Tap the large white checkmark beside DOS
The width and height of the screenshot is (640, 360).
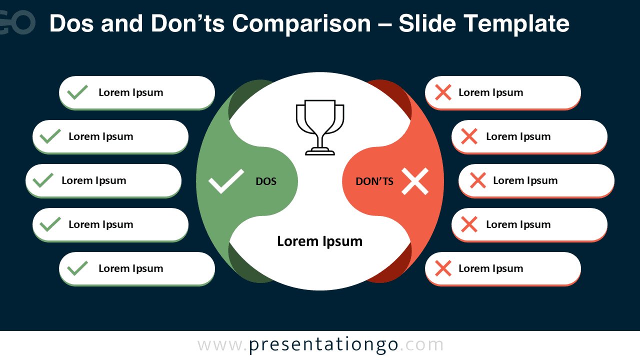[x=226, y=181]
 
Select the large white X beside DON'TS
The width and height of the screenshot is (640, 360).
[x=415, y=181]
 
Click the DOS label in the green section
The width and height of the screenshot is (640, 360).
[x=266, y=181]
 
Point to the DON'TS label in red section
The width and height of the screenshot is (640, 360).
[x=374, y=181]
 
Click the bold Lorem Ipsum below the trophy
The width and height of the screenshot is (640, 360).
[x=320, y=241]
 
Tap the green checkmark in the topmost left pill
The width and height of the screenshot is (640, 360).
[x=77, y=92]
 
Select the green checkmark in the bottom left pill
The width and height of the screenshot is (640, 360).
[x=77, y=268]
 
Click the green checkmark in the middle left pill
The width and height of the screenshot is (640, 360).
[x=43, y=180]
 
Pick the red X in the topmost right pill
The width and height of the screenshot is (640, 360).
[x=443, y=92]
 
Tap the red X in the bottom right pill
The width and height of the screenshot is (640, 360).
[x=443, y=268]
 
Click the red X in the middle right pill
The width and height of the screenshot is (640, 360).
[x=478, y=180]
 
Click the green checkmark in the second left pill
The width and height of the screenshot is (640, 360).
[x=50, y=136]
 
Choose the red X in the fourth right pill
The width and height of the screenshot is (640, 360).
[x=469, y=224]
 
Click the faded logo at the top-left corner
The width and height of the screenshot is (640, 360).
[x=17, y=22]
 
